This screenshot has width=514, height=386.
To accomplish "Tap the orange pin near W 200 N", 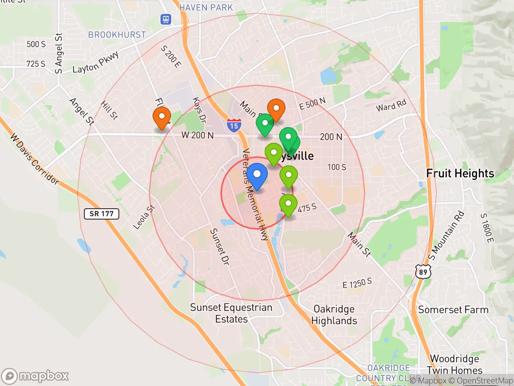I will click(161, 118).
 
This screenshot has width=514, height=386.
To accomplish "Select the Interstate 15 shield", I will click(234, 125).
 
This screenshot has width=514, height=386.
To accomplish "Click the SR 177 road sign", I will click(102, 214).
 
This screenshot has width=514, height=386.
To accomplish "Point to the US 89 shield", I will click(423, 272).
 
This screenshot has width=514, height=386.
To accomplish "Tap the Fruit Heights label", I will click(460, 173).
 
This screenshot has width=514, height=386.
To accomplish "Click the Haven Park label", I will click(206, 8).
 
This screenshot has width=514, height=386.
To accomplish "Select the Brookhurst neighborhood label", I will click(117, 35).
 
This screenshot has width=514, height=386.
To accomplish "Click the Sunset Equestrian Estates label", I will click(231, 313).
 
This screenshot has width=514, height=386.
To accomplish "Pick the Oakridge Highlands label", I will click(334, 315).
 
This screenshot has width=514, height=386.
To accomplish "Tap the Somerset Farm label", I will click(453, 310).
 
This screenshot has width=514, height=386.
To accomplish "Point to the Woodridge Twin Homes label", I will click(455, 364).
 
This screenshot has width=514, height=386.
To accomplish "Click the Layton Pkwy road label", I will click(96, 63).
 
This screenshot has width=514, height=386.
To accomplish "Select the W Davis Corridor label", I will click(35, 159).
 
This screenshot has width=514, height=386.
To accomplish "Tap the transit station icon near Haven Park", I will click(166, 19).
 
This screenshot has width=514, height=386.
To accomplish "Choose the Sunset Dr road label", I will click(220, 246).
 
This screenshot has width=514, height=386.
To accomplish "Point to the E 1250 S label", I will click(357, 283).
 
